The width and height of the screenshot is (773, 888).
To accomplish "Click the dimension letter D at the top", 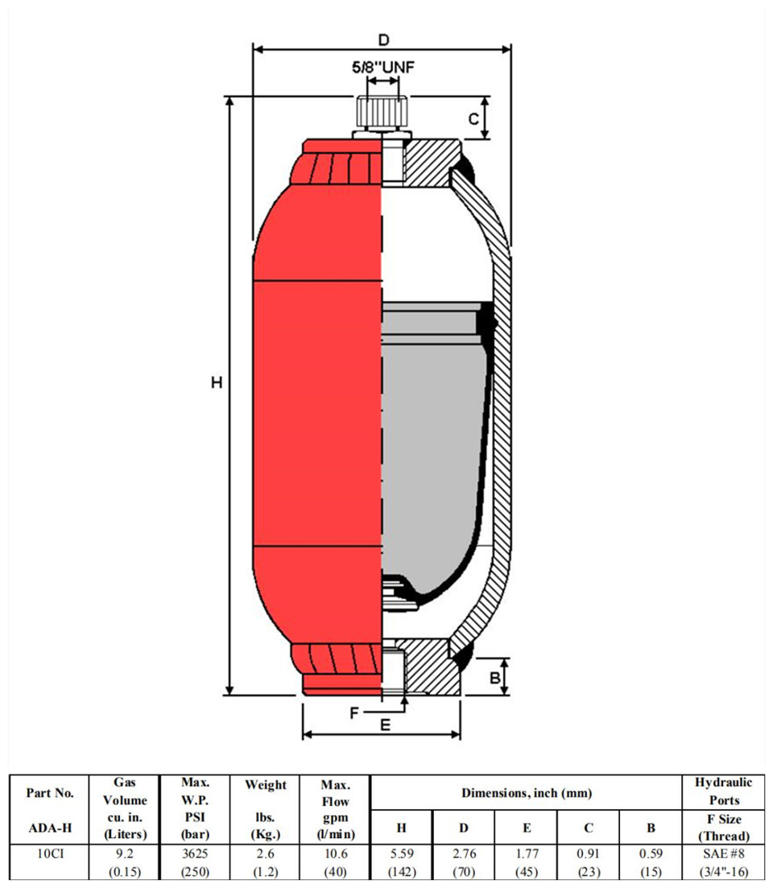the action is (384, 40).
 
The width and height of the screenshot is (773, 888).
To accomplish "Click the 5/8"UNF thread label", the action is (382, 68).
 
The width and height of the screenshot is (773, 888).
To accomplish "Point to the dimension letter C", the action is (473, 119).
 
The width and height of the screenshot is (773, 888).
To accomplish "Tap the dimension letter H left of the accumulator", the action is (217, 383).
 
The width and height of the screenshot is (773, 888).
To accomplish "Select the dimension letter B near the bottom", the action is (495, 677).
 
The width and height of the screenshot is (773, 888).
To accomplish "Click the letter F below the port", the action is (354, 712).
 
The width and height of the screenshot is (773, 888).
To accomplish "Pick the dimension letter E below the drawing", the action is (385, 725).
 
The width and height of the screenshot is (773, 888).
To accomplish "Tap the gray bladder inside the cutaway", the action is (434, 453).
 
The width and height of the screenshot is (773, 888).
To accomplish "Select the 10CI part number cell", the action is (50, 853).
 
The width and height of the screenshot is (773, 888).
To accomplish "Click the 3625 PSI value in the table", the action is (195, 853).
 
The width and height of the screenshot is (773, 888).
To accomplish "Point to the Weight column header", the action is (265, 785).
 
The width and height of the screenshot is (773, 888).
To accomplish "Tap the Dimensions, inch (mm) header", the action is (527, 793).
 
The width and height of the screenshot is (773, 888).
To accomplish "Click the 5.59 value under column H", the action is (402, 853).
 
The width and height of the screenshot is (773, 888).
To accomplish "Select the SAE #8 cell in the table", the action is (724, 853).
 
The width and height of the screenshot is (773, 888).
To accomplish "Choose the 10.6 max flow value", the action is (335, 853).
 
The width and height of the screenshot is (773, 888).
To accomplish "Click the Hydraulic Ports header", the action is (724, 791).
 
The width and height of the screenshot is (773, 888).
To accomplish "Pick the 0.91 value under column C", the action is (589, 853).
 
